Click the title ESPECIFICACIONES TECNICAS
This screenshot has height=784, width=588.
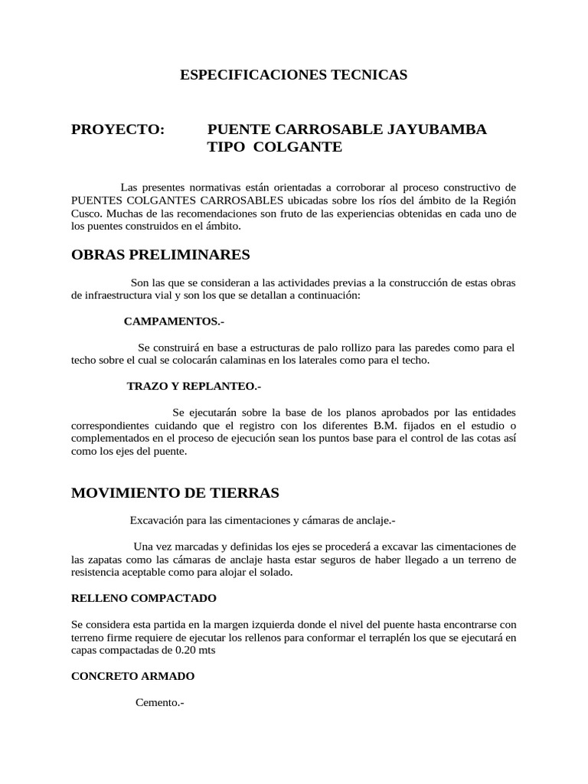coord(293,75)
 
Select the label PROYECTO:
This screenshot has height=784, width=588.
coord(118,129)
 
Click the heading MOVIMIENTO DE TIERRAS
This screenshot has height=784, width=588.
coord(175,492)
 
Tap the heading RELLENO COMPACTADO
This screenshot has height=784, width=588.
coord(144,597)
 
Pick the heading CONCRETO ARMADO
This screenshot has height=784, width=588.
coord(132,676)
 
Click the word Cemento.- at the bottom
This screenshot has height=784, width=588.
coord(160,703)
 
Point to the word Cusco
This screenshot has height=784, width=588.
coord(85,214)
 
